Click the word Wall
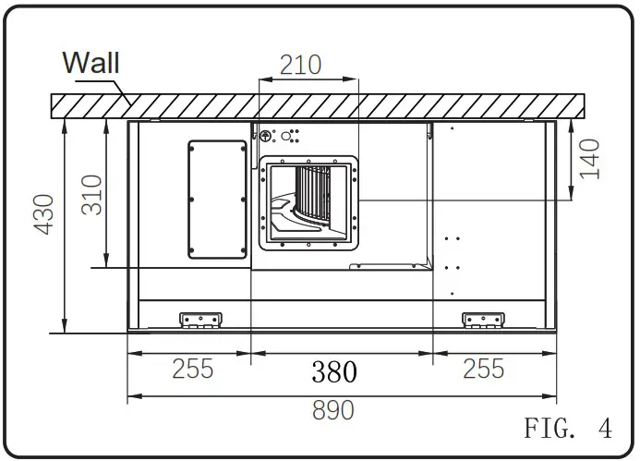click(91, 63)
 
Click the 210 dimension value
click(301, 65)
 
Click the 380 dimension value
click(333, 371)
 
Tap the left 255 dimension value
click(192, 370)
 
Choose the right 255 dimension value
click(484, 370)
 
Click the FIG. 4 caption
click(567, 429)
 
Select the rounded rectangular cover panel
click(218, 200)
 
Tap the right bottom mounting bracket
click(483, 320)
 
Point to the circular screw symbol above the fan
click(266, 136)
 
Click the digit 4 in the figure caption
click(604, 429)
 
